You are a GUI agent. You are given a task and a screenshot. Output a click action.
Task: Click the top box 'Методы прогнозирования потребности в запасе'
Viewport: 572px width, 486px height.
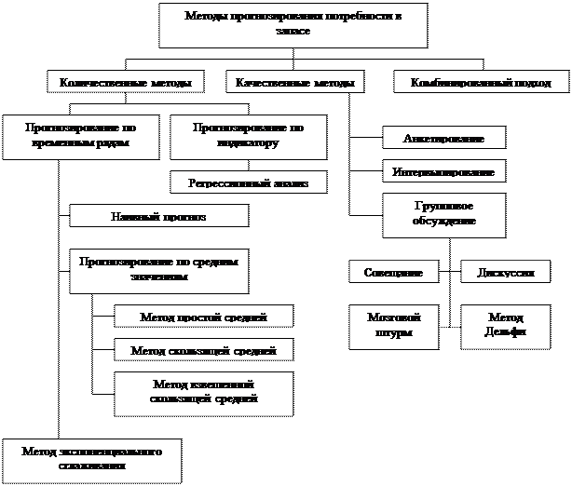(293, 24)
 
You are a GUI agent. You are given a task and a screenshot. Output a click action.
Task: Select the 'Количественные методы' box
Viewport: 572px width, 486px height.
(126, 83)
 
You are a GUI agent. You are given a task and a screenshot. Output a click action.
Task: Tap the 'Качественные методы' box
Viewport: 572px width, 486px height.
(294, 83)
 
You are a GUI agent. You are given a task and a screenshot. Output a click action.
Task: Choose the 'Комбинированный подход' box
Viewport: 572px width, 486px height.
(481, 83)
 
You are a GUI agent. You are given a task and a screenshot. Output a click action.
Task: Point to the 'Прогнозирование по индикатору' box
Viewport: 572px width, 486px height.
(248, 137)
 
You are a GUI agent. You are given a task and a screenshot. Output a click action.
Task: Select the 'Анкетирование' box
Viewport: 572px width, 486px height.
(444, 138)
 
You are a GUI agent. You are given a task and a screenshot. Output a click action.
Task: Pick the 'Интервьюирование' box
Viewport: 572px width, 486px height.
(444, 172)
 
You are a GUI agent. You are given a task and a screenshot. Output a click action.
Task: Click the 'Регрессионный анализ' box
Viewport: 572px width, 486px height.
(249, 182)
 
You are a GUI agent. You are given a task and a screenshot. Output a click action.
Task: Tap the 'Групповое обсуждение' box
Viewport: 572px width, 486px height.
(444, 215)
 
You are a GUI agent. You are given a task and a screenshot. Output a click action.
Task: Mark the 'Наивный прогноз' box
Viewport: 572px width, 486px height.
(159, 216)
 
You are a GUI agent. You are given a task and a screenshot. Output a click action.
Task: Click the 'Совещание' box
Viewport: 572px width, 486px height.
(393, 272)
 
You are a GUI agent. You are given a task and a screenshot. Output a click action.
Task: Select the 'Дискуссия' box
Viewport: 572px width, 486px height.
(505, 272)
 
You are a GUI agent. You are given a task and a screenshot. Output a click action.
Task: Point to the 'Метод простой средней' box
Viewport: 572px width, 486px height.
(204, 317)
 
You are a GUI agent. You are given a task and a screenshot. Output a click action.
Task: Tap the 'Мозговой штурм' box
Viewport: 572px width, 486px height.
(393, 326)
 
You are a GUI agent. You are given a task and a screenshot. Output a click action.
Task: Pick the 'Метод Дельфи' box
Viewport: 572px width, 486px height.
(505, 326)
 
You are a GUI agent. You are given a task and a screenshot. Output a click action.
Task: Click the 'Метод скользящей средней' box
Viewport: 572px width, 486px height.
(204, 350)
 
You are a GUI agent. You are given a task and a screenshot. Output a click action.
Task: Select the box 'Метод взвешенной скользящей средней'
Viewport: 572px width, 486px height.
(204, 393)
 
